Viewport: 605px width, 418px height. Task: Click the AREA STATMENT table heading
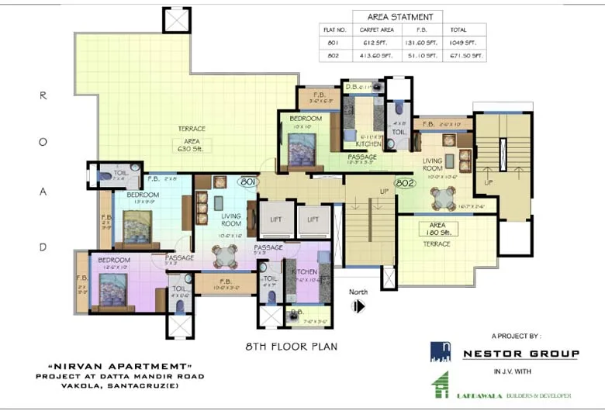click(x=398, y=16)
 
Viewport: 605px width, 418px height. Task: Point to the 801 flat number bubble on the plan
click(x=248, y=181)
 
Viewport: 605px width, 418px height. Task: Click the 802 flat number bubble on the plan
click(x=403, y=183)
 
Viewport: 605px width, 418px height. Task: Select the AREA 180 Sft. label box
click(x=438, y=228)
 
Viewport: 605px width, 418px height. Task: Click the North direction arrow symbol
click(x=358, y=306)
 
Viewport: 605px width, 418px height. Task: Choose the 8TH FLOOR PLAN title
click(x=292, y=346)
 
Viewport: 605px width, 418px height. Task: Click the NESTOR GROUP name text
click(x=520, y=354)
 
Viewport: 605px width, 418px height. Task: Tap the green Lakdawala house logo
click(x=440, y=385)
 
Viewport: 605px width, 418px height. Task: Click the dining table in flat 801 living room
click(x=225, y=255)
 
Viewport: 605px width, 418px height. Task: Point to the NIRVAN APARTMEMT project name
click(x=119, y=366)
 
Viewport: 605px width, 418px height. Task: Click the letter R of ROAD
click(x=43, y=96)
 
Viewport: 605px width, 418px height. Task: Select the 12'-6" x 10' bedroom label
click(x=114, y=264)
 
